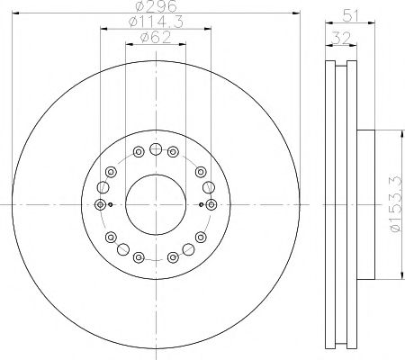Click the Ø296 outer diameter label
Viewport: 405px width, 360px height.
pos(155,6)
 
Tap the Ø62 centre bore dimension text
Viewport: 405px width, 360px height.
pos(155,39)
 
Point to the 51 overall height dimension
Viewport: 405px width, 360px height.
pos(350,14)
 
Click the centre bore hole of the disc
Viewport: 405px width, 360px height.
pos(155,204)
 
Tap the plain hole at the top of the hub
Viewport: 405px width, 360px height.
pos(155,149)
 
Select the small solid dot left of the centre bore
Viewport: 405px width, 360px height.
pos(110,205)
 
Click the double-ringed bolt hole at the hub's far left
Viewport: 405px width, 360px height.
pos(99,205)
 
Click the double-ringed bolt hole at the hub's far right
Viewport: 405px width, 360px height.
pos(211,205)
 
